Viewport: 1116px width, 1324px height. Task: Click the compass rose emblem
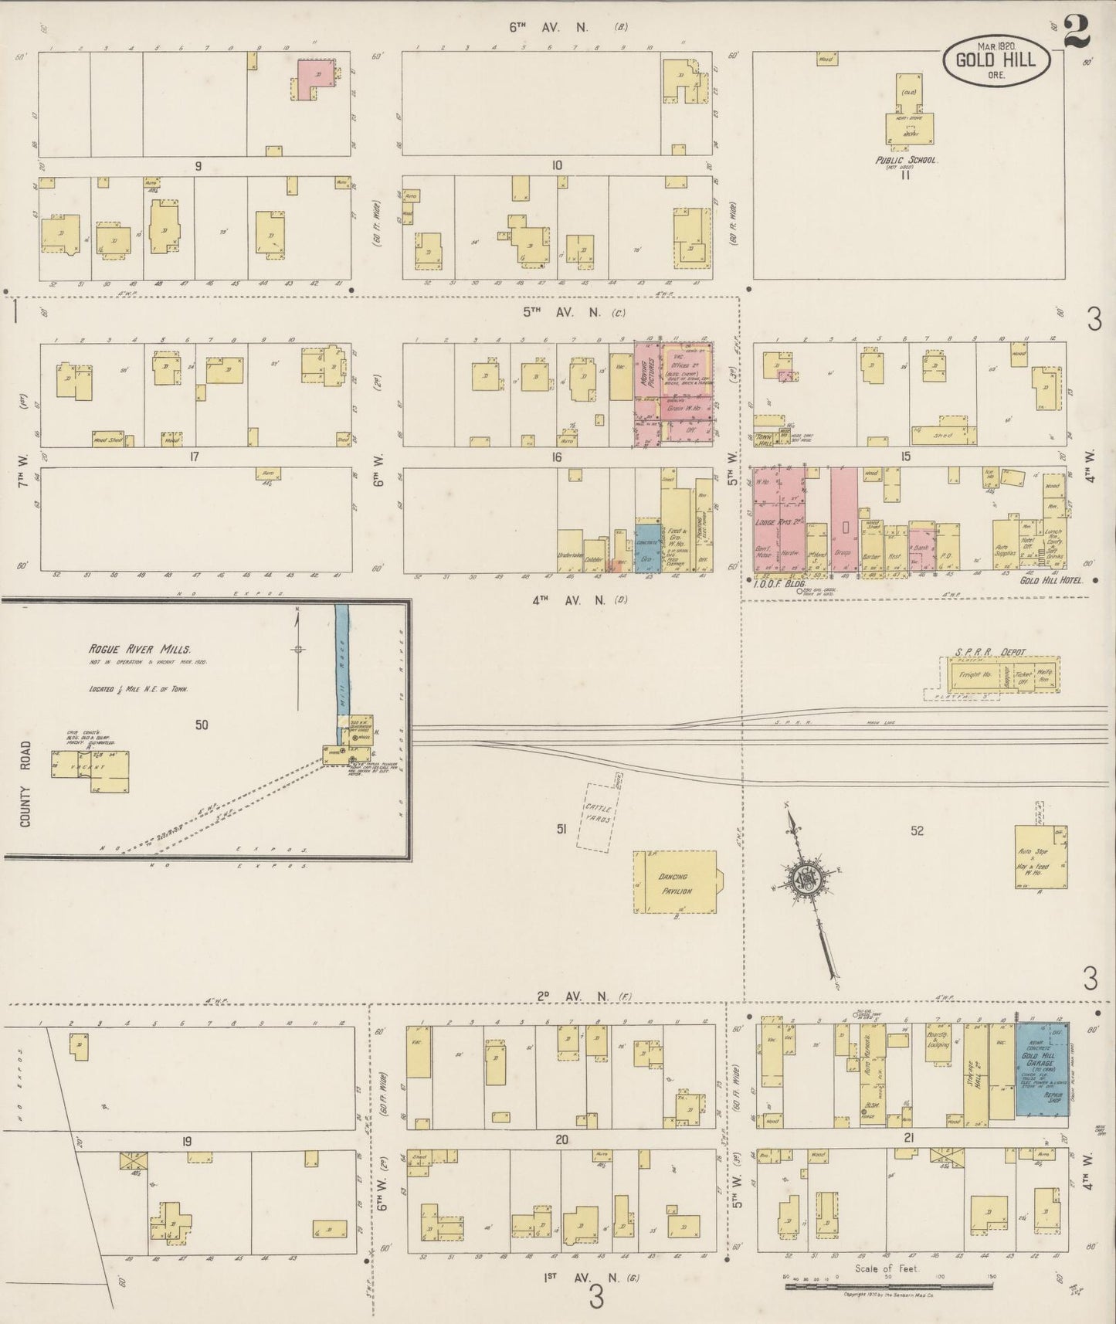pos(808,881)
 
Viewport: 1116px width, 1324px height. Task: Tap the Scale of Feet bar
pos(888,1286)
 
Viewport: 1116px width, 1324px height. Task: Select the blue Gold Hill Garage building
pos(1041,1070)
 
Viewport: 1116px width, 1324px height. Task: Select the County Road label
pos(25,784)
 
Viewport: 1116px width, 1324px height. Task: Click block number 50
pos(202,725)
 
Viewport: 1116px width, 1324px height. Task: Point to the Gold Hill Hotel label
pos(1051,580)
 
